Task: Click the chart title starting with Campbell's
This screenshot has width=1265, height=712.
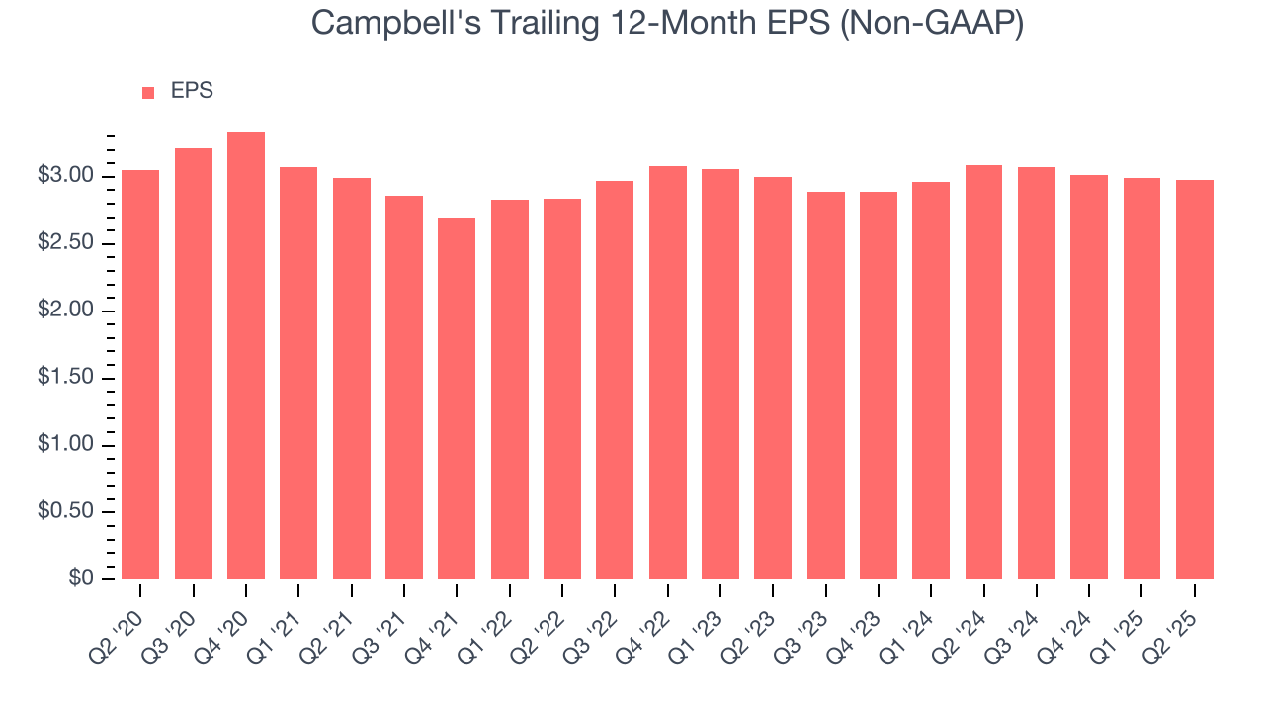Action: pyautogui.click(x=667, y=22)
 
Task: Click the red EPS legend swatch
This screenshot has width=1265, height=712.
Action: pyautogui.click(x=148, y=92)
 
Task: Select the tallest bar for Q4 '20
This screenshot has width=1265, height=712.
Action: pyautogui.click(x=246, y=356)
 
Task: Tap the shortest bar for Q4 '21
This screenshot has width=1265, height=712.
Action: pyautogui.click(x=457, y=399)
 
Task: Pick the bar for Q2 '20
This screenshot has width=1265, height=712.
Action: pyautogui.click(x=140, y=375)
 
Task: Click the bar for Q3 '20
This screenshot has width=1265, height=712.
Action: pyautogui.click(x=194, y=364)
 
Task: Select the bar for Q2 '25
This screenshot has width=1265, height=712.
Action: pyautogui.click(x=1194, y=380)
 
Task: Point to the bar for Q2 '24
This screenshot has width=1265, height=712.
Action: pyautogui.click(x=983, y=372)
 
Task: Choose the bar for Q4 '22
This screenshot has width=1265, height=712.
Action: pyautogui.click(x=667, y=373)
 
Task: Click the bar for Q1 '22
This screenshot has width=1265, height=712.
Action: pyautogui.click(x=509, y=390)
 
